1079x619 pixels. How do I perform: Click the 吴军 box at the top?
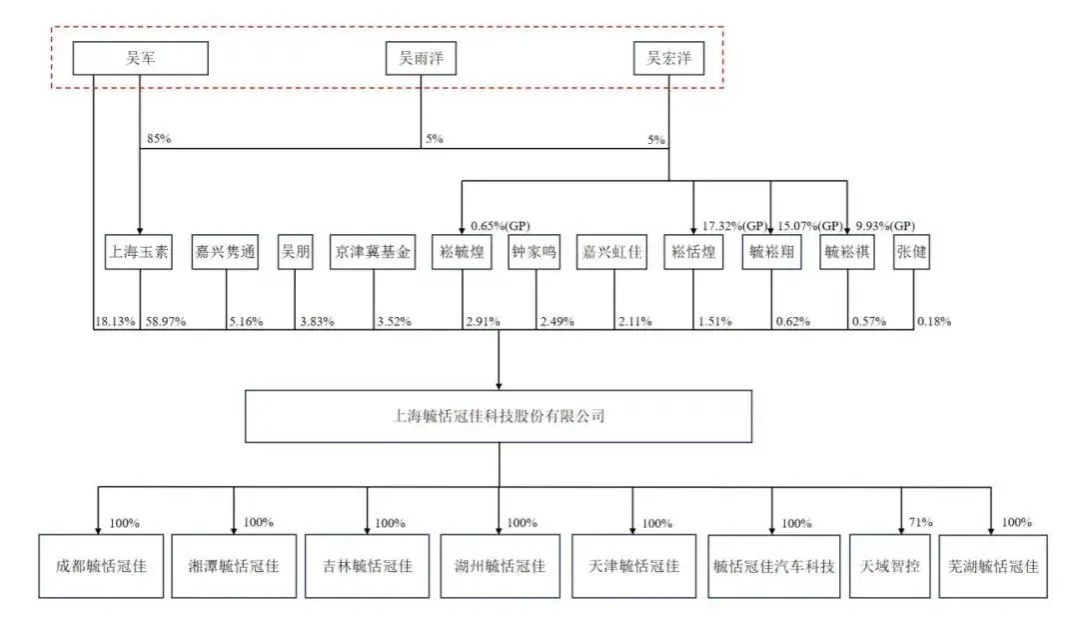click(x=140, y=59)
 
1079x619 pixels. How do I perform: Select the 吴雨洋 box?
click(x=421, y=59)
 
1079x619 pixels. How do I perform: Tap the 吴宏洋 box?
click(x=668, y=59)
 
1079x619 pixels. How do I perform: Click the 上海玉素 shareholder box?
click(x=139, y=253)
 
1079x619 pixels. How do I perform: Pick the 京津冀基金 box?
click(x=372, y=253)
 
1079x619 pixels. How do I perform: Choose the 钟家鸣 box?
click(x=537, y=253)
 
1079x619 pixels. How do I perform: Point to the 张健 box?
click(x=913, y=253)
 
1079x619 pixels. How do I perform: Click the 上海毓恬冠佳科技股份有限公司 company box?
click(x=499, y=415)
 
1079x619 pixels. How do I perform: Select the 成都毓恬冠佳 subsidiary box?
click(x=101, y=565)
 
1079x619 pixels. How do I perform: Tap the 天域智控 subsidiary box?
click(x=889, y=565)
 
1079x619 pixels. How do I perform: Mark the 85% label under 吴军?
click(x=158, y=138)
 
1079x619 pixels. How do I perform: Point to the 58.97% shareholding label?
click(x=165, y=322)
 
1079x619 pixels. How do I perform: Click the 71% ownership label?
click(x=920, y=522)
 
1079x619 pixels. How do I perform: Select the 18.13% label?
click(x=114, y=322)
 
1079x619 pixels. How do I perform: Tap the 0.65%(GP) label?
click(x=500, y=226)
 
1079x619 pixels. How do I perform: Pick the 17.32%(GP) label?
click(x=734, y=226)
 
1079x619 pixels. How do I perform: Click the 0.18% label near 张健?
click(x=933, y=322)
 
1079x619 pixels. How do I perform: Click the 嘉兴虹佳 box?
click(x=614, y=253)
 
